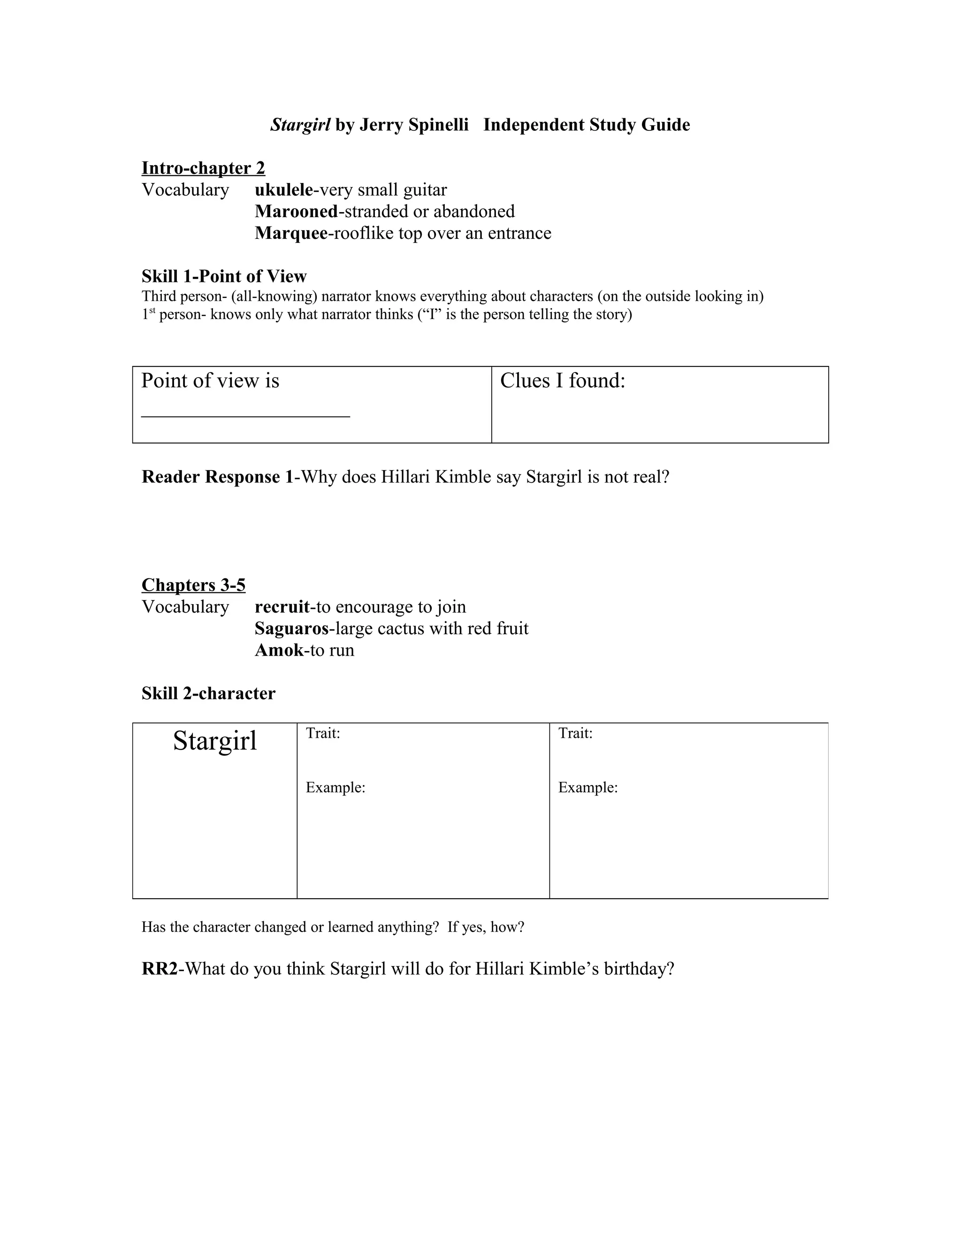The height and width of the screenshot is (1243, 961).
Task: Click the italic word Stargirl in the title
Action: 300,125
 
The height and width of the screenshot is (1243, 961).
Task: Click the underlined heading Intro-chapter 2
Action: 203,168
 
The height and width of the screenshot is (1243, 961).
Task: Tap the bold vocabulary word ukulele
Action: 283,189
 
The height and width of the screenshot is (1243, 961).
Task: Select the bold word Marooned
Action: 296,211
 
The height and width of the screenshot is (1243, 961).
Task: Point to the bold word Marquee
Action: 291,233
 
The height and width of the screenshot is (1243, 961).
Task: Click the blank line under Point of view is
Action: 245,416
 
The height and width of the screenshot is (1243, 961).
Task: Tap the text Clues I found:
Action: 563,381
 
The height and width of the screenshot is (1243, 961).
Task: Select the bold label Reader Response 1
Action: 219,477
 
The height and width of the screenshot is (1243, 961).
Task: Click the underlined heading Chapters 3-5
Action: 194,585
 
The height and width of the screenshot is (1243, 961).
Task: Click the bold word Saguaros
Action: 291,629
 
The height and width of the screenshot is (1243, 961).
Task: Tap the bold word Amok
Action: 279,650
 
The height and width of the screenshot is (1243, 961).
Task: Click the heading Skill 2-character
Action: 208,693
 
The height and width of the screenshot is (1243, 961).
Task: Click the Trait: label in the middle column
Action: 323,733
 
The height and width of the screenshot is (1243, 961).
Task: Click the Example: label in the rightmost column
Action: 587,788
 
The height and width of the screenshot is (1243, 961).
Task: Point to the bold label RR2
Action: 160,969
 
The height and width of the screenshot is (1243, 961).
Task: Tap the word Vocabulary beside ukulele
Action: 185,189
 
